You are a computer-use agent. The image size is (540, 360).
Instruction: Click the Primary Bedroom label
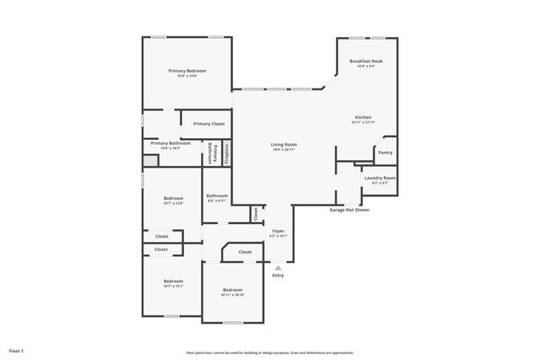(187, 71)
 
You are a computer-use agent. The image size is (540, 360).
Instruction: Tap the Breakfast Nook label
(367, 61)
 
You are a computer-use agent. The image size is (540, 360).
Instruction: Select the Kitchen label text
(363, 117)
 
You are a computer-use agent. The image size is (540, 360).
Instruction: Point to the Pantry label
(385, 153)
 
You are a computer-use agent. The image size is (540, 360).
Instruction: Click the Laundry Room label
(380, 178)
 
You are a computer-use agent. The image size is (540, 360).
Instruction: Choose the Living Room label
(283, 145)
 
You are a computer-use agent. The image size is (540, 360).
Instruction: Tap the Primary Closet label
(208, 124)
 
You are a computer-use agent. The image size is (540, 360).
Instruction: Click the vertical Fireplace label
(226, 154)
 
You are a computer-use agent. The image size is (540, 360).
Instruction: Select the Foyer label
(278, 231)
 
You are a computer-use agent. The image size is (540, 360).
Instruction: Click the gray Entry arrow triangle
(278, 267)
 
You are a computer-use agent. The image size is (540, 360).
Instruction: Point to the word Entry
(278, 276)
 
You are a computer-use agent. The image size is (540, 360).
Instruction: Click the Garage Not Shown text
(348, 210)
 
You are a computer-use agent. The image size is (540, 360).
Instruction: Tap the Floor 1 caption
(16, 350)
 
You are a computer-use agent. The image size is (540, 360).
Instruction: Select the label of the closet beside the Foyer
(256, 214)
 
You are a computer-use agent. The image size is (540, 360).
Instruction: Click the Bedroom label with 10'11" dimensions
(232, 289)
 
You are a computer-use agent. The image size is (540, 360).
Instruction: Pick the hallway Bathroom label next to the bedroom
(217, 196)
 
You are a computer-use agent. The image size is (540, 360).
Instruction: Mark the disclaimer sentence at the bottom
(270, 352)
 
